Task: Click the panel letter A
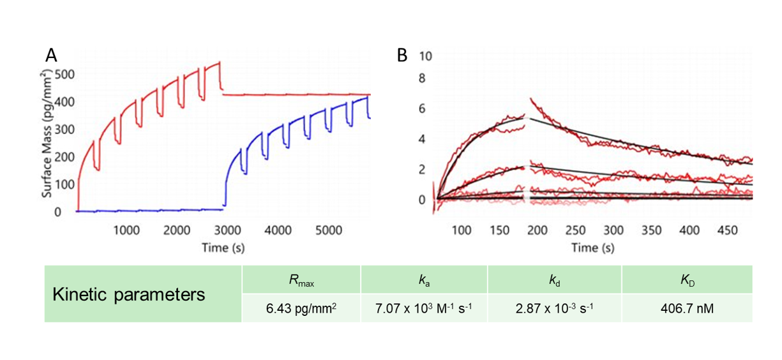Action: click(52, 55)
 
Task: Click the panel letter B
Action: click(403, 56)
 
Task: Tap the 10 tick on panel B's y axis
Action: click(426, 56)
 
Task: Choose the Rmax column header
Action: click(301, 280)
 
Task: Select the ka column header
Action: click(425, 280)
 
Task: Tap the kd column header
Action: click(554, 280)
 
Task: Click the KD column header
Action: click(688, 280)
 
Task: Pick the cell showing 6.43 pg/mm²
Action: click(301, 308)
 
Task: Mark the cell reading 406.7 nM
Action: click(688, 308)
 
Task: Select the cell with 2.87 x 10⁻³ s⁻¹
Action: click(554, 308)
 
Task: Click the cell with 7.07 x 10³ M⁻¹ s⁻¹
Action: click(425, 308)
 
